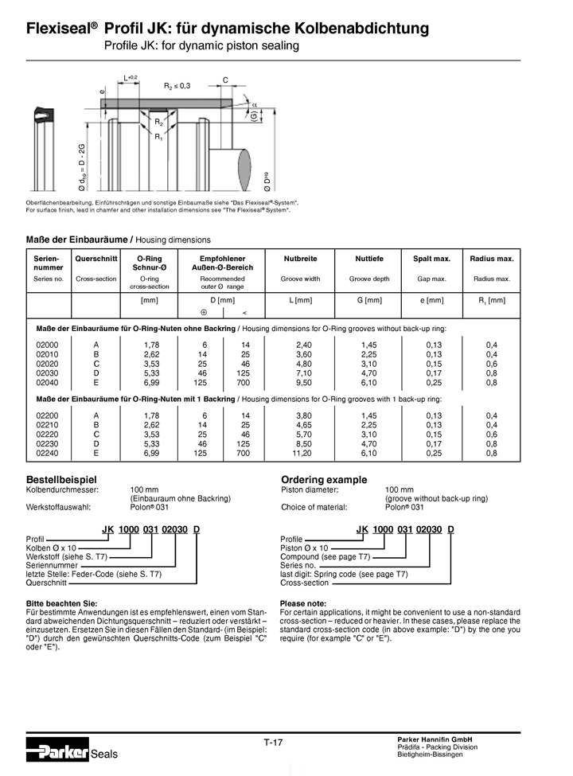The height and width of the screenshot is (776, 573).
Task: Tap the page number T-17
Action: [273, 742]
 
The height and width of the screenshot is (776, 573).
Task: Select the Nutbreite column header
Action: [301, 259]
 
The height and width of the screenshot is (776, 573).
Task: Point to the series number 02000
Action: [48, 344]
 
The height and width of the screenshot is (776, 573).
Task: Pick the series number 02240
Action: [48, 454]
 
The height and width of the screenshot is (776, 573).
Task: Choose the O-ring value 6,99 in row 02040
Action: [151, 382]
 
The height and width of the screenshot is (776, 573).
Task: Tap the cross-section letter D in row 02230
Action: [95, 444]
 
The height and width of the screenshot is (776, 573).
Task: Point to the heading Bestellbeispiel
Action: [61, 480]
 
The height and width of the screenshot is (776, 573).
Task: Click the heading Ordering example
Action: [324, 480]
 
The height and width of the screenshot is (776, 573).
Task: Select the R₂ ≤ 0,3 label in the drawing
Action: [177, 85]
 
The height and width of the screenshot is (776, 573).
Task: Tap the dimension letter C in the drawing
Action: [225, 80]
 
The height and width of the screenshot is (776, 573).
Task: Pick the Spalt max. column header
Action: [431, 259]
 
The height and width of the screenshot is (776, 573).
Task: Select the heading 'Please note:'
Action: [303, 603]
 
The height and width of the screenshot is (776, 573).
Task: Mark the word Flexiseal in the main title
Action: [58, 29]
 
